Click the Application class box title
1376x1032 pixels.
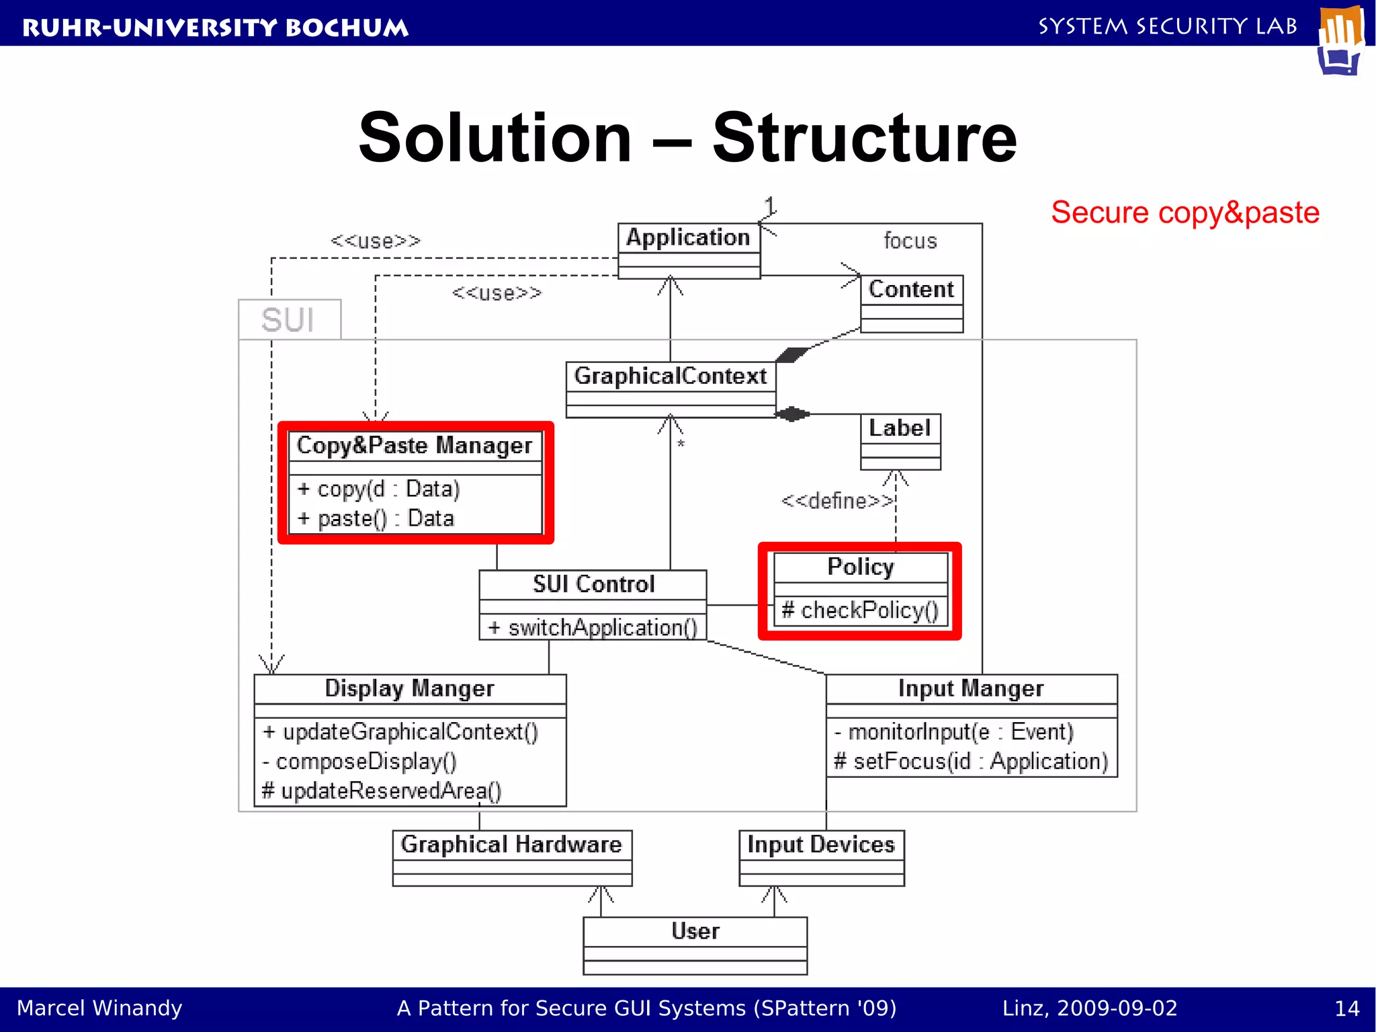point(688,237)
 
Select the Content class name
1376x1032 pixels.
point(911,289)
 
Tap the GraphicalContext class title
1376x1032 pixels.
point(670,376)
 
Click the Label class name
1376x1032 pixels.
point(900,428)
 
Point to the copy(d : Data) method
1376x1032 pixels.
point(378,489)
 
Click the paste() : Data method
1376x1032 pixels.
point(376,518)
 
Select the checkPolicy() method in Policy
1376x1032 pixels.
point(860,610)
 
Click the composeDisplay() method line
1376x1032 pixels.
point(359,761)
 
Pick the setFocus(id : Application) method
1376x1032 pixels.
point(971,761)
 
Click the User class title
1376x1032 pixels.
point(695,931)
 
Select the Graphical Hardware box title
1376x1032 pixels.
point(511,844)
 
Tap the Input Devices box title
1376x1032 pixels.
point(821,844)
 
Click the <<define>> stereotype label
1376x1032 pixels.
point(837,501)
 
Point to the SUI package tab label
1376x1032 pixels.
point(288,320)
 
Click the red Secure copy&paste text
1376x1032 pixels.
point(1185,212)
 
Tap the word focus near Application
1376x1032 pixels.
point(910,241)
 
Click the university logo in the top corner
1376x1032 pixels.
point(1341,40)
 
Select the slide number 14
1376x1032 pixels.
point(1346,1008)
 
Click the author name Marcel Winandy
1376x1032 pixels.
point(99,1008)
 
